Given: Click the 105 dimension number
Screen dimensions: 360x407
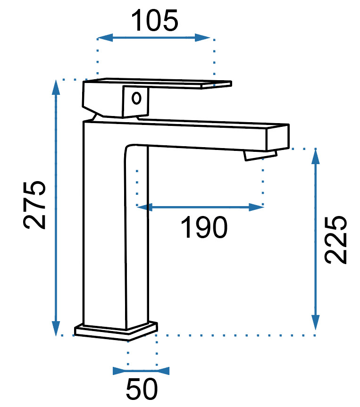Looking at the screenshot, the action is point(155,20).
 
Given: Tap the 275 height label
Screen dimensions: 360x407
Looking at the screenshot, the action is point(34,205).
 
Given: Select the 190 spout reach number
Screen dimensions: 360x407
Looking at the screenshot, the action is point(204,227).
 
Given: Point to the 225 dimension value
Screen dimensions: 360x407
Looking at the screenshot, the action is point(335,240).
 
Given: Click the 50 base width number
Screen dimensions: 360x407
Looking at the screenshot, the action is point(142,389).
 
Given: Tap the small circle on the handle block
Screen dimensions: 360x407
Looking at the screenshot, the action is point(136,99).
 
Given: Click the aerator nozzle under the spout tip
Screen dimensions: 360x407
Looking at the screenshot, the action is point(260,155).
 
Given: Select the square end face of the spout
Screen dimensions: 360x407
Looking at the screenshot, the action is point(277,138).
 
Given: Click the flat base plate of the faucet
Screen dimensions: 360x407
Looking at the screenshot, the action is point(116,331).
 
